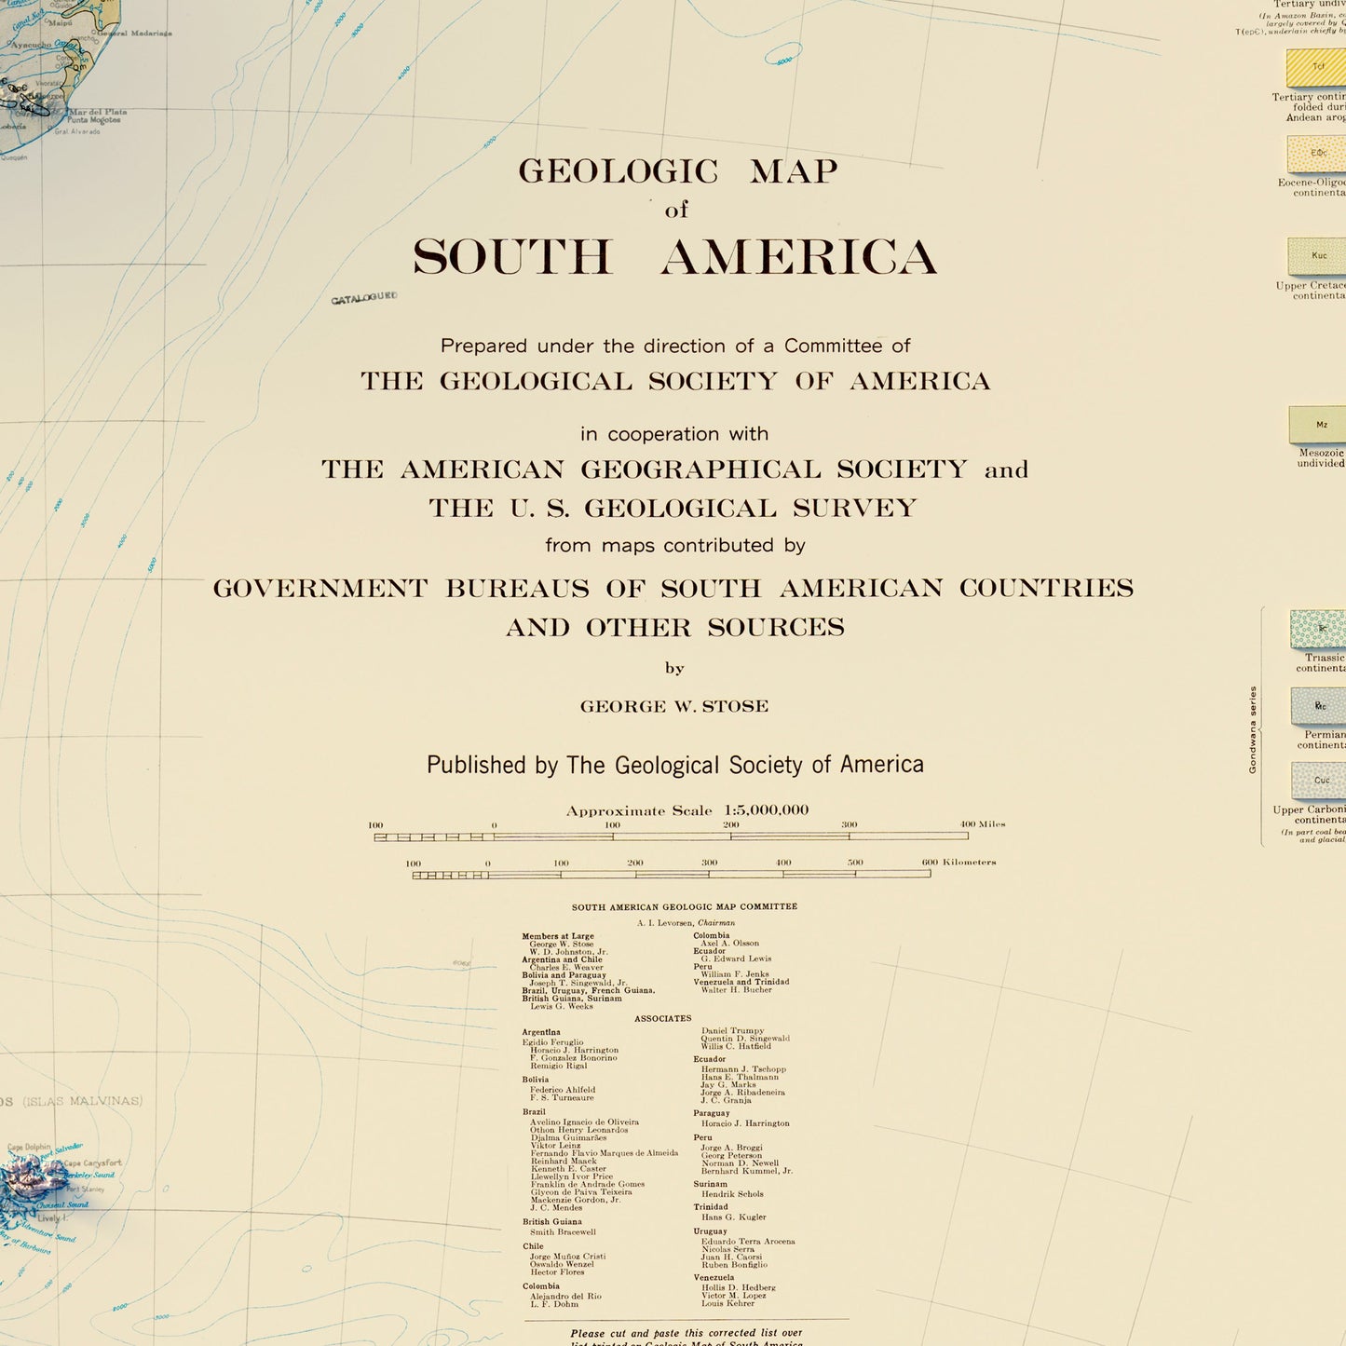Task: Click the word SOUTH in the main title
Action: [512, 257]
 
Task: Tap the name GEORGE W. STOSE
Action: [674, 706]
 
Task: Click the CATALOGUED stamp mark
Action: [364, 298]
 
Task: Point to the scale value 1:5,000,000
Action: [766, 810]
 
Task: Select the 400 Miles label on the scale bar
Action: [983, 824]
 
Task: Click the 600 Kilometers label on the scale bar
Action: [959, 863]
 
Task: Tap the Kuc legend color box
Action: [1318, 256]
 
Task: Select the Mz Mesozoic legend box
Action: [1318, 425]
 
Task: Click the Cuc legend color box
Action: [1318, 781]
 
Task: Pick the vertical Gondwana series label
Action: [1253, 729]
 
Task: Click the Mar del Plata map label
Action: [97, 112]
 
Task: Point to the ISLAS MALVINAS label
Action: [84, 1101]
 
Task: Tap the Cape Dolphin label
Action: [29, 1148]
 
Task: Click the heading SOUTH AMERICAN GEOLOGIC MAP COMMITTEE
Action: [684, 906]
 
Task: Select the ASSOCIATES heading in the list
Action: [662, 1018]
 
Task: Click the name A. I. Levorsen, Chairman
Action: [686, 922]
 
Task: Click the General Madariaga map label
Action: [135, 34]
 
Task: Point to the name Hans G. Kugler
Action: [733, 1217]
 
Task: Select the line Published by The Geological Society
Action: [674, 765]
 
